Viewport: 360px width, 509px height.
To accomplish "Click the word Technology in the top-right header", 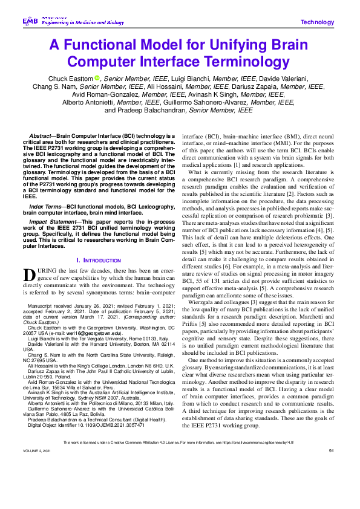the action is [317, 22].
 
